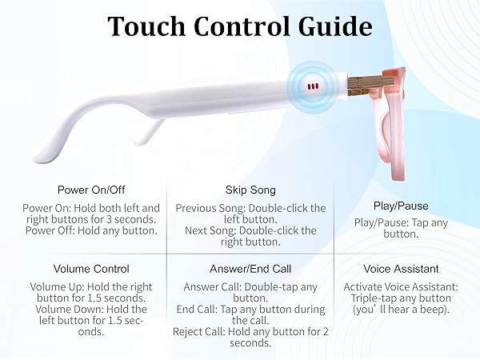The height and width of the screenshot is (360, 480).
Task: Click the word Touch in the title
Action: (x=147, y=26)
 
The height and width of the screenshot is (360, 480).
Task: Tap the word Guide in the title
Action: (x=337, y=26)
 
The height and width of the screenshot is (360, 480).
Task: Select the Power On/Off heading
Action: (x=90, y=190)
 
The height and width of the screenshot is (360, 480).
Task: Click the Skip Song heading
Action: (x=250, y=190)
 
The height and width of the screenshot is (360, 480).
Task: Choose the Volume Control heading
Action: (x=90, y=269)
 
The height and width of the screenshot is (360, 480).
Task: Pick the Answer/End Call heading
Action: (x=250, y=269)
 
